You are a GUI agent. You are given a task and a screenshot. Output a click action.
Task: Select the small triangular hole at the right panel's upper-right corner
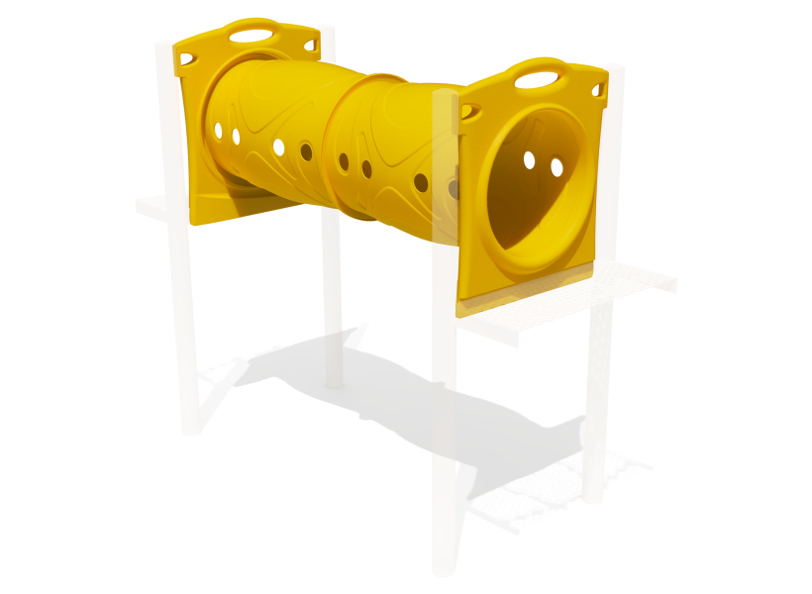pos(597,90)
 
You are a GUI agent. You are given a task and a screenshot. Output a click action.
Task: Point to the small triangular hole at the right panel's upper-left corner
pos(470,110)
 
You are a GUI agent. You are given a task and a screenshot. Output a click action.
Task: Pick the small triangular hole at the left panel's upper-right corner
pos(310,46)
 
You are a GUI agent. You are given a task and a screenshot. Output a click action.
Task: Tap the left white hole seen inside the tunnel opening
pos(529,159)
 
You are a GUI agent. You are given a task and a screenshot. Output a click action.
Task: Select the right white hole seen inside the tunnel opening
pos(557,168)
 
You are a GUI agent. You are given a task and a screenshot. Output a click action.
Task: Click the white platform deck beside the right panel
pos(594,297)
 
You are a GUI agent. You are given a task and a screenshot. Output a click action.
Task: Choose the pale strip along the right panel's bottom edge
pos(525,297)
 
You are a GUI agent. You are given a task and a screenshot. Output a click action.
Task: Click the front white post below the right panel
pos(445,445)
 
